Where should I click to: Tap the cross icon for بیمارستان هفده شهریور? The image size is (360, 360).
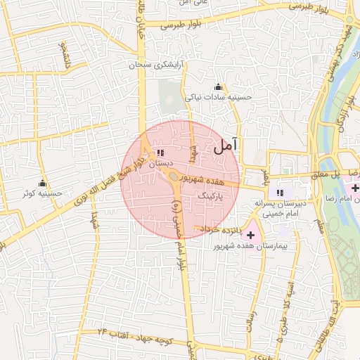(251, 233)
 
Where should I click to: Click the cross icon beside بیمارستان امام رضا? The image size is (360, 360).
(355, 188)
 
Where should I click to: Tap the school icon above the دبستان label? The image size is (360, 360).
(161, 152)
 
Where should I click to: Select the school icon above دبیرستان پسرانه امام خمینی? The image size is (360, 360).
(281, 193)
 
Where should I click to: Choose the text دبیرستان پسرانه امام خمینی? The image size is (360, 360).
(282, 209)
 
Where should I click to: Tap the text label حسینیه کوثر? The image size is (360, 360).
(43, 193)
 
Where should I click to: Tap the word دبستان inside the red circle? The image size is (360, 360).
(160, 163)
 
